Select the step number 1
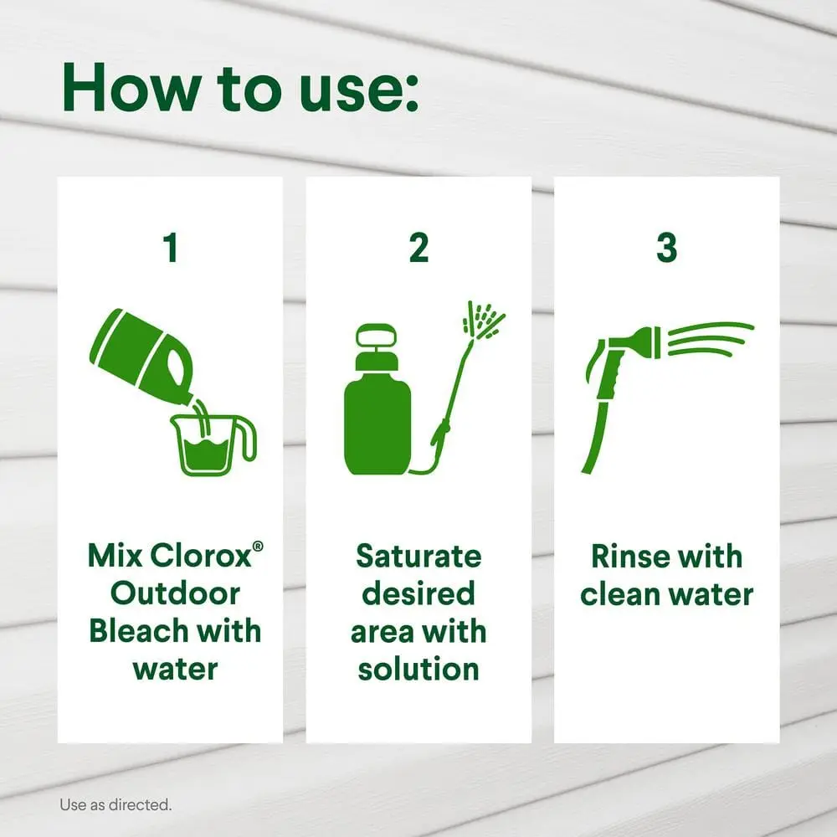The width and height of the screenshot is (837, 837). pos(171,248)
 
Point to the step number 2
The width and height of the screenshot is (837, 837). pos(418,248)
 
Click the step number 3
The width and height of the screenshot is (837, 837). pos(667,248)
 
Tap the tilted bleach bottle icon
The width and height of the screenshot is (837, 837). pos(141,355)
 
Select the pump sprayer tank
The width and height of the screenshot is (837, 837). pos(377,399)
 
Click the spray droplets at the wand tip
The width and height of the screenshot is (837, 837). pos(483,321)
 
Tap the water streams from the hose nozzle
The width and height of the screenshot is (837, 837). pos(710,338)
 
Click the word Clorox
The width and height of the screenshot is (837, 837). pos(200,556)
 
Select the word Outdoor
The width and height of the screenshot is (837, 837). pos(175,593)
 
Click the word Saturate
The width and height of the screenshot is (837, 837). pos(418,556)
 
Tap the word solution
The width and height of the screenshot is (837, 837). pos(418,669)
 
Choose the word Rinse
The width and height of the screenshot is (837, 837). pos(624,556)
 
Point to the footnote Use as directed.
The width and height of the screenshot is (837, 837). pos(116,804)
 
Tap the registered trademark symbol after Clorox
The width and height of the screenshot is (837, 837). pos(258,546)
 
